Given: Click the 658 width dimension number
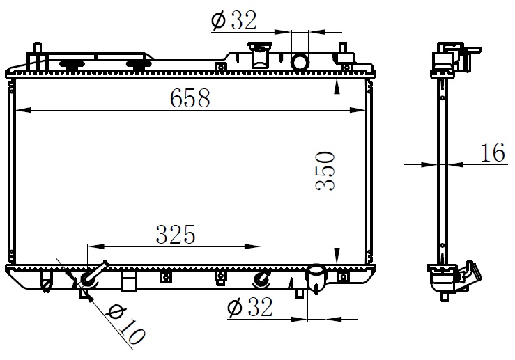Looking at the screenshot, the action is [190, 97].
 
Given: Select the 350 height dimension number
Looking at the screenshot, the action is [325, 171].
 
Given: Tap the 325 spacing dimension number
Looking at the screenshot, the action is [176, 234].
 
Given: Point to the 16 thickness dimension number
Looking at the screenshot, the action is [493, 152].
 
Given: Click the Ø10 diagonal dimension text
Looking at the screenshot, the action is [126, 324].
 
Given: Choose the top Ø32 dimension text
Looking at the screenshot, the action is [234, 20].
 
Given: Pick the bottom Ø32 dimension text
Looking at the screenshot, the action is [250, 308].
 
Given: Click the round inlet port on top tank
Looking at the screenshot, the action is [300, 62].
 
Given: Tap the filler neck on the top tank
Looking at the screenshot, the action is [259, 55].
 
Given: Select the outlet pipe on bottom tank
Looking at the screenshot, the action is [316, 278].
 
